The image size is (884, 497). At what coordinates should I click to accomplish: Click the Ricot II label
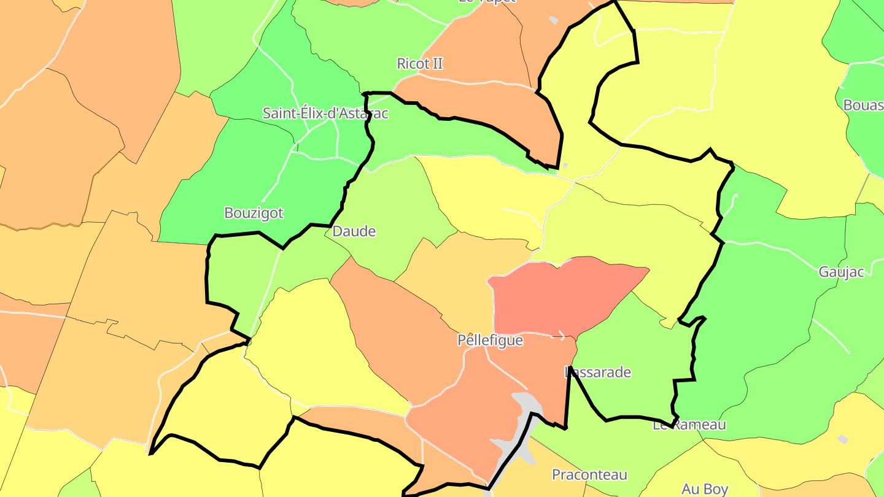420,63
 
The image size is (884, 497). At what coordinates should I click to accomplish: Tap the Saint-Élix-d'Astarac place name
325,113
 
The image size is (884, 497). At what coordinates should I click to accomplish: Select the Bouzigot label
254,213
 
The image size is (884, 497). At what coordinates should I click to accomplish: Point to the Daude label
354,231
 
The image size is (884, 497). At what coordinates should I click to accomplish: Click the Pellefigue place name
490,340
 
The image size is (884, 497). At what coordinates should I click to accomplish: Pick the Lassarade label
597,372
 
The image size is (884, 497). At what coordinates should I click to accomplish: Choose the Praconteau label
589,474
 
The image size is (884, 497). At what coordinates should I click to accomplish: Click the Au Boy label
705,489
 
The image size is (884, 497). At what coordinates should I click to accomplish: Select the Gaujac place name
841,272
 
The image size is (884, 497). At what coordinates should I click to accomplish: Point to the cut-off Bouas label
863,105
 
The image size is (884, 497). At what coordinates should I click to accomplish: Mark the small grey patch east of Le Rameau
843,439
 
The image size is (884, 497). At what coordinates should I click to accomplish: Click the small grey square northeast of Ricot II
554,20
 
